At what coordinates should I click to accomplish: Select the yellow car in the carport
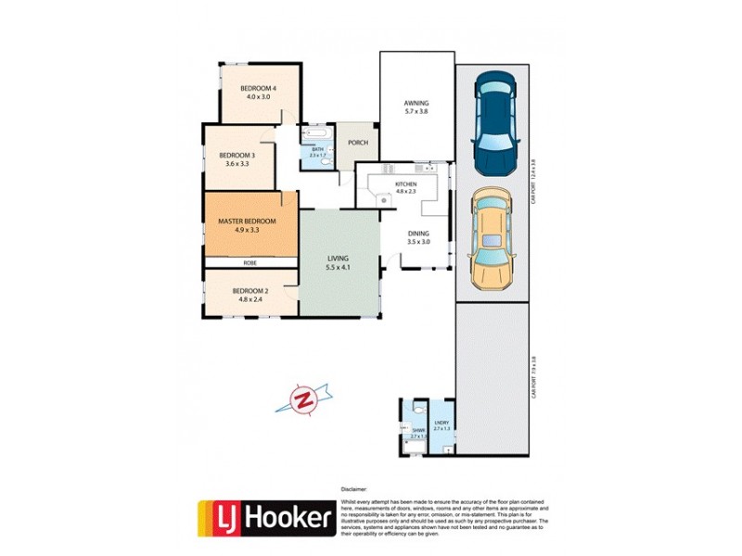[491, 240]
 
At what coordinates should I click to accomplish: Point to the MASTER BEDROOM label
[247, 221]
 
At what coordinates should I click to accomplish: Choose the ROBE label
[249, 263]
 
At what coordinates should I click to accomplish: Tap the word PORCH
[357, 143]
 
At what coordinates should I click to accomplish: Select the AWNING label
[415, 103]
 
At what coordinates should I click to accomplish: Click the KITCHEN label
[406, 184]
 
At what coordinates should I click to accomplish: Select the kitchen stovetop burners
[383, 198]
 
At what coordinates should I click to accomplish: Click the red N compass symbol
[302, 400]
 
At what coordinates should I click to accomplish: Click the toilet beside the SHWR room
[420, 408]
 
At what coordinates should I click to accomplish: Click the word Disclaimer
[355, 487]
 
